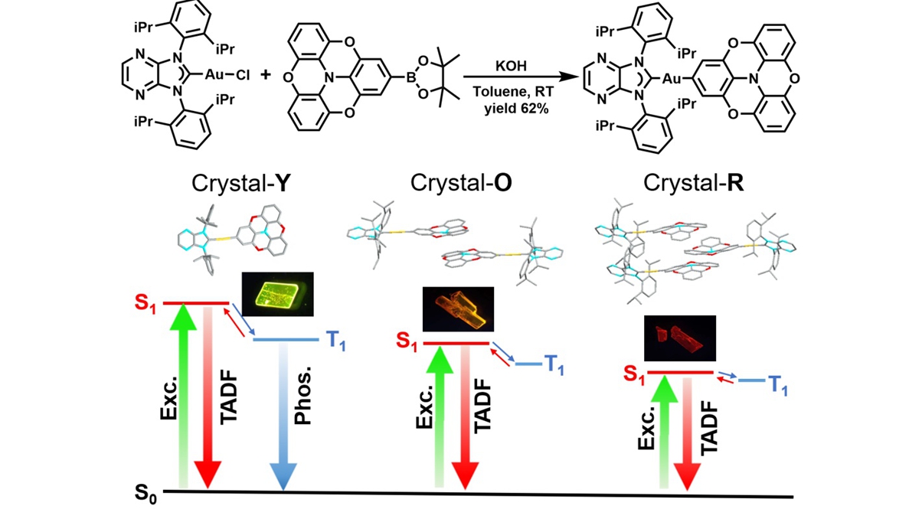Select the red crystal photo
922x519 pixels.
[x=679, y=338]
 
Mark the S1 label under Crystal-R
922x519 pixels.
[x=633, y=373]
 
